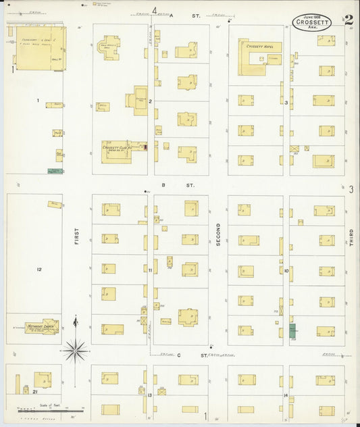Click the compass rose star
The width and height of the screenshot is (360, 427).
(76, 349)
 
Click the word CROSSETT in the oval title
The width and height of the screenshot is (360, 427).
(312, 22)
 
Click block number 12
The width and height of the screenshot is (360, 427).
(39, 270)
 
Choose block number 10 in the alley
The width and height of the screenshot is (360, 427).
(286, 270)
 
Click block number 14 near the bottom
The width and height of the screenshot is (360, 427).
(286, 395)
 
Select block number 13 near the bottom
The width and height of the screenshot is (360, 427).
(149, 395)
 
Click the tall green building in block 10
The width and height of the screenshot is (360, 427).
(292, 330)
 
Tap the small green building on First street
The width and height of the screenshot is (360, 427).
(55, 172)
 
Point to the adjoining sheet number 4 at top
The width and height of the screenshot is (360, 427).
(155, 9)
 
